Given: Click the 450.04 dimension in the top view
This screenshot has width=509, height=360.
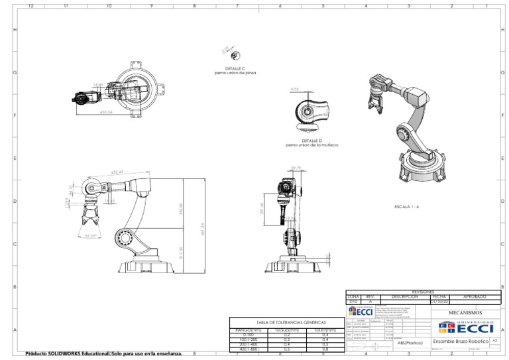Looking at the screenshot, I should point(105,113).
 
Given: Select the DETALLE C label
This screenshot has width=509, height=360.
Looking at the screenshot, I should point(235,68).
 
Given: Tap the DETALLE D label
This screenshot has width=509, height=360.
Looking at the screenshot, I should point(311,140).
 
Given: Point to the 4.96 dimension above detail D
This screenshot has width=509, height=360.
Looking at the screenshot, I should point(295,89).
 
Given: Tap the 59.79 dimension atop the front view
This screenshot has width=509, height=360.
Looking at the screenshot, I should point(296,168).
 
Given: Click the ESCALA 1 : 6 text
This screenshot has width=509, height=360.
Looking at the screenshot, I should point(407,207).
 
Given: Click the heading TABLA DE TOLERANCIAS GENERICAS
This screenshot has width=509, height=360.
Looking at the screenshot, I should point(286,322).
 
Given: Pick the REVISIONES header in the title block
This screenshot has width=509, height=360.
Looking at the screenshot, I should point(424,292).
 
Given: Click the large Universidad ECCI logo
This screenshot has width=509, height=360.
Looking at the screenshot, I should point(466,327).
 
